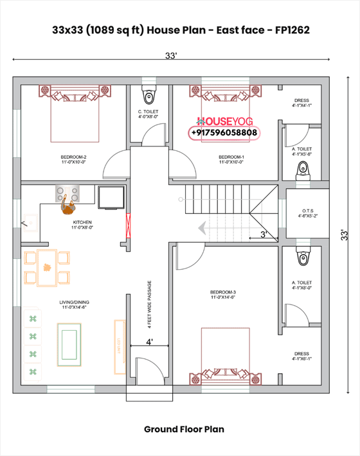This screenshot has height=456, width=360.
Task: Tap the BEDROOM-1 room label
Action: pos(231,157)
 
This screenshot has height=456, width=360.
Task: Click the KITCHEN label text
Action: pos(82,222)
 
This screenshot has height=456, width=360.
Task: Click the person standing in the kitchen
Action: pos(68,205)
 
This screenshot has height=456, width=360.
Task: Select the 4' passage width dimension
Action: pos(148,343)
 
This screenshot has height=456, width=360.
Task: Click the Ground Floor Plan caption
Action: pos(184,429)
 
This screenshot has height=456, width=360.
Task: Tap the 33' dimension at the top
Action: pos(170,57)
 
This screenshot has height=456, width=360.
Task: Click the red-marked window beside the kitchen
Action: pos(129,225)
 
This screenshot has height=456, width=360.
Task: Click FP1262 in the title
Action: pos(296,30)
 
